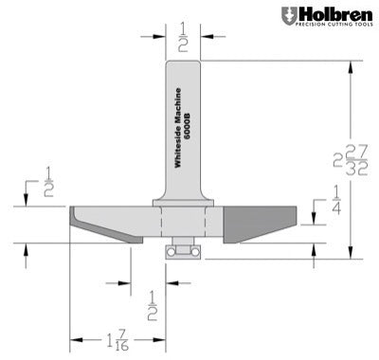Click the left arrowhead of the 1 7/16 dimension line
coord(74,333)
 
